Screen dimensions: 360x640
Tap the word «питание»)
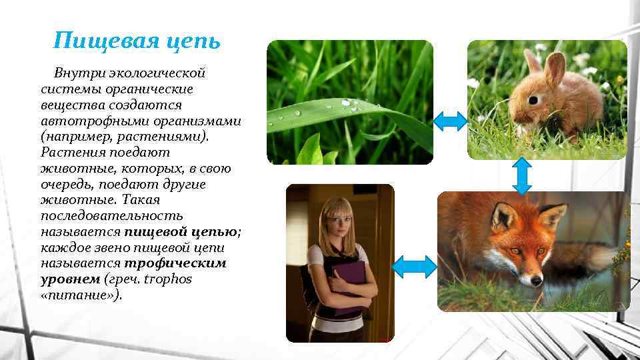click(81, 295)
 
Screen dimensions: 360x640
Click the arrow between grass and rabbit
click(450, 121)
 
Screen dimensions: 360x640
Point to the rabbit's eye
click(532, 101)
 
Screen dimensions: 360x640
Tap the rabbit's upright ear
click(555, 68)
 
